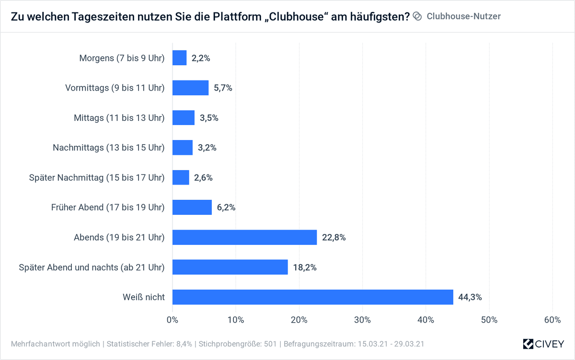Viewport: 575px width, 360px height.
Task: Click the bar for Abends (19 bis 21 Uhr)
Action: tap(244, 237)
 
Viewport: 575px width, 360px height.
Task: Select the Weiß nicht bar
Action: tap(312, 297)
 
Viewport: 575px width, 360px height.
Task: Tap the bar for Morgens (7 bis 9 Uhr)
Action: tap(179, 58)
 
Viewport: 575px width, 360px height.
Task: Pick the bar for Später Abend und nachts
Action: tap(230, 267)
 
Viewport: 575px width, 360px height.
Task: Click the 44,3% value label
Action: tap(470, 297)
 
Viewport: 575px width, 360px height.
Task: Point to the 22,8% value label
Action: tap(333, 237)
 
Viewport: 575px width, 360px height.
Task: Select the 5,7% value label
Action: tap(223, 88)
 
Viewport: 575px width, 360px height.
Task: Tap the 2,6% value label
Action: tap(203, 177)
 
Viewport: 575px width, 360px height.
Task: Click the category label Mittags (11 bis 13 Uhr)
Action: tap(119, 118)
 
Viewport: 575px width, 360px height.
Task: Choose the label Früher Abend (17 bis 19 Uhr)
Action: tap(108, 208)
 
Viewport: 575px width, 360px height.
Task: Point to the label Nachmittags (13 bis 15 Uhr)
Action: tap(109, 148)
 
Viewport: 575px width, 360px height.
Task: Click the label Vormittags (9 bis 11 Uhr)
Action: tap(115, 88)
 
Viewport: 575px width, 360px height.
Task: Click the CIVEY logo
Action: tap(543, 344)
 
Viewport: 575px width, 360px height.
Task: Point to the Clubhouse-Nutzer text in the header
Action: tap(463, 16)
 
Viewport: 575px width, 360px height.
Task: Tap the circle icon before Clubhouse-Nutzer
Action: tap(417, 16)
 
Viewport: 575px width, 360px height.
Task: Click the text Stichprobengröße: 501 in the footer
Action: tap(238, 344)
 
